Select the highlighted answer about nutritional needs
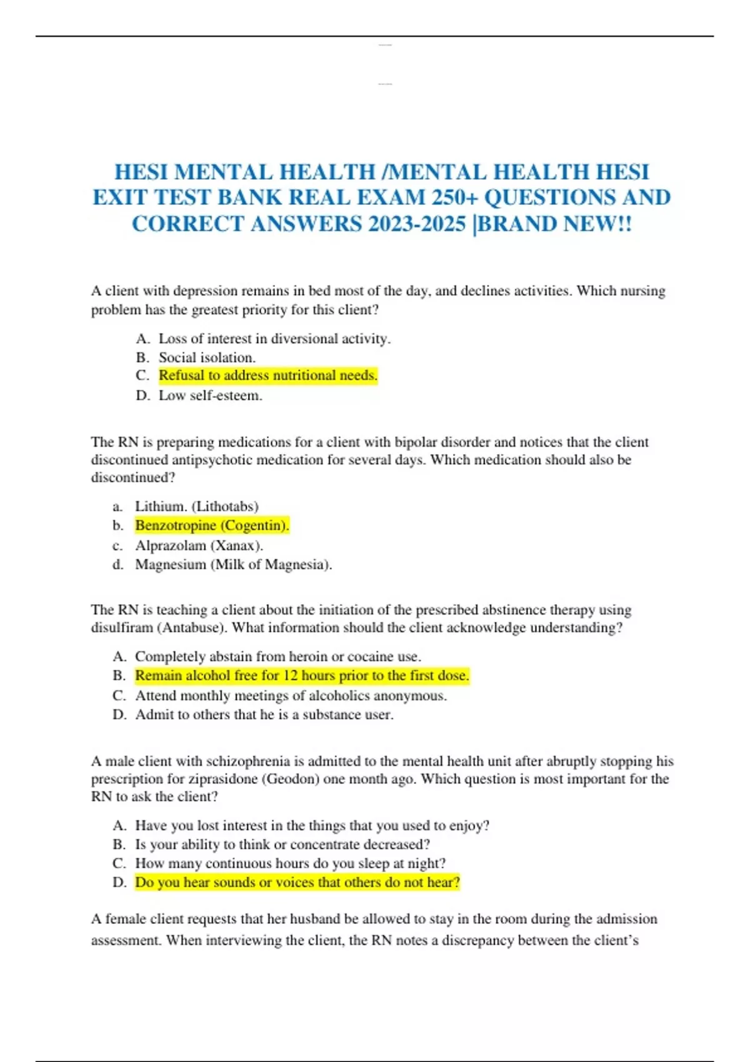tap(267, 375)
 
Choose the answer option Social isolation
tap(207, 357)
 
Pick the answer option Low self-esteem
tap(210, 395)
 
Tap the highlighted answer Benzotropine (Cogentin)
tap(212, 525)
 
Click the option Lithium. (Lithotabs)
tap(196, 506)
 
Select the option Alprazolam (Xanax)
tap(199, 545)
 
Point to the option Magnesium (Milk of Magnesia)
tap(233, 565)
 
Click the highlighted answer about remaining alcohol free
tap(302, 676)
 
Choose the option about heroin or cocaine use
tap(277, 657)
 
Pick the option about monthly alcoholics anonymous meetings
tap(291, 696)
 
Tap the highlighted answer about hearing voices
tap(297, 883)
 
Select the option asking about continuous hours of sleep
tap(290, 863)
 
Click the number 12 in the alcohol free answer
tap(291, 676)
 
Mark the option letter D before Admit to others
tap(119, 715)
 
